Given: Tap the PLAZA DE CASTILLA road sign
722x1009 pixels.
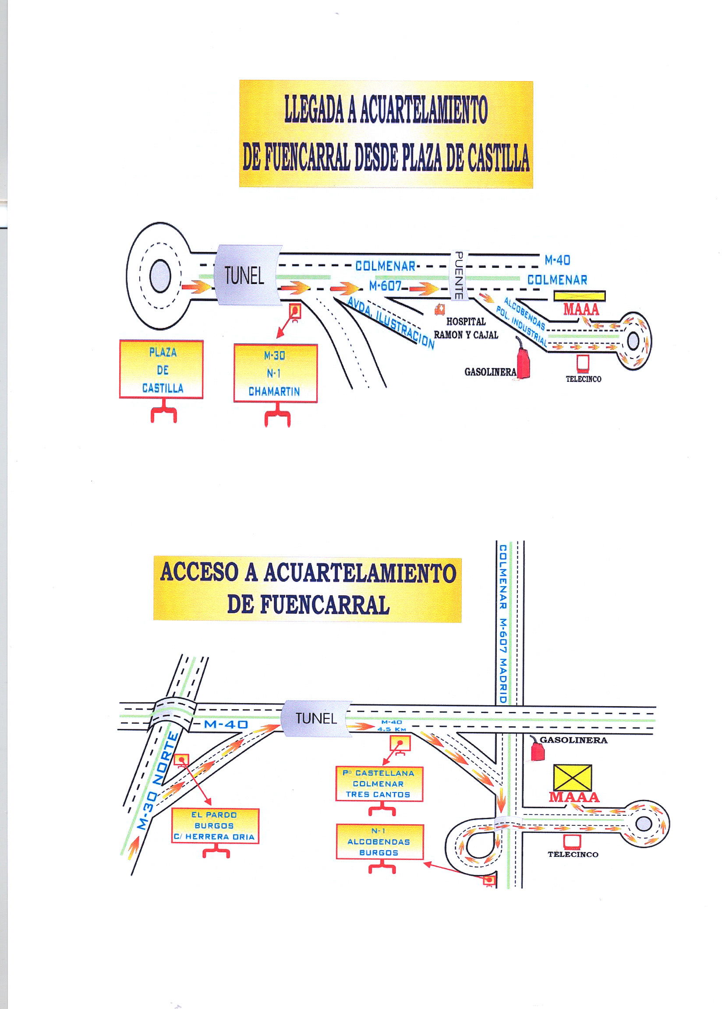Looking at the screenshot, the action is point(161,369).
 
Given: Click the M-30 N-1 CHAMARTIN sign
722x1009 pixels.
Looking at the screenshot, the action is point(276,373).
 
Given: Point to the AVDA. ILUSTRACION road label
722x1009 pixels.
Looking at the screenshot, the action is point(390,323).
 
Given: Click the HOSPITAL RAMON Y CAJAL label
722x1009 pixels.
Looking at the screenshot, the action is point(466,328).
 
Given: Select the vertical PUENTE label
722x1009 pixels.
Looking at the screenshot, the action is point(459,275).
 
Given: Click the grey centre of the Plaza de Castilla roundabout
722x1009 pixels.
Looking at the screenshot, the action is point(160,276).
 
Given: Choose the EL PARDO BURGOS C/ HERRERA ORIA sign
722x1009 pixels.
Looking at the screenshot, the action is point(215,825).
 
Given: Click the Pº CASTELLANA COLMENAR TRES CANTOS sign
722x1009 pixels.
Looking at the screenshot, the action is point(379,784).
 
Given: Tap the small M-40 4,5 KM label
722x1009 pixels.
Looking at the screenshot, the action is point(391,726).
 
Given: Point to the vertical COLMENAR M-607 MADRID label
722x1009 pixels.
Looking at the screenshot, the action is point(503,623).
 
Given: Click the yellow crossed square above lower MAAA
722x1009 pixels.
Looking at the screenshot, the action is point(572,778).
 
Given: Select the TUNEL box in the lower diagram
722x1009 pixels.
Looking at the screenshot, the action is point(316,718).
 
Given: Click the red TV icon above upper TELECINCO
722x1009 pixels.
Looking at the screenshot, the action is point(583,363).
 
